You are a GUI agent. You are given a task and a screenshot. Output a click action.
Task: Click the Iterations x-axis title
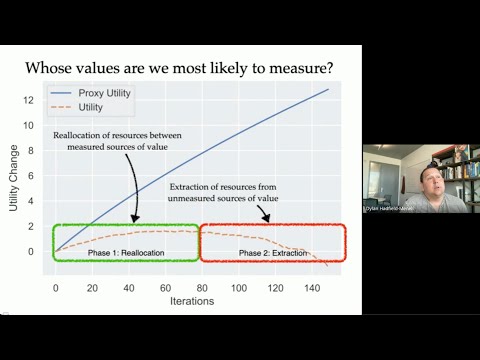[191, 300]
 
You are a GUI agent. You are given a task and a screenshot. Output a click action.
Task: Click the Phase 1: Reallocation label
[126, 254]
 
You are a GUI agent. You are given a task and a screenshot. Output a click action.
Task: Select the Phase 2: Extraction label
[273, 254]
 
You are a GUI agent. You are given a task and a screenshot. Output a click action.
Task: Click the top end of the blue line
[328, 89]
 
